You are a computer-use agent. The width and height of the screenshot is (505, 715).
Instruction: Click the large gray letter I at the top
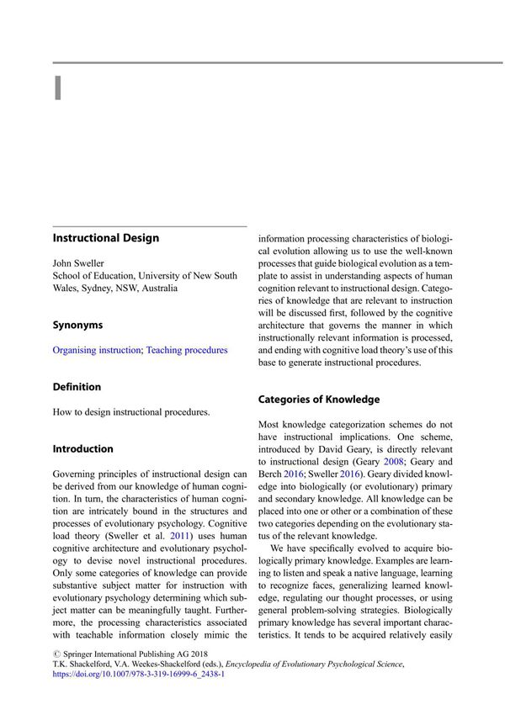(x=57, y=87)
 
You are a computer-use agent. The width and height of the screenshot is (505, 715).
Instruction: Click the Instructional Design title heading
(x=105, y=238)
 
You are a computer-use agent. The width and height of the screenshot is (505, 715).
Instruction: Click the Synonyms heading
(x=77, y=325)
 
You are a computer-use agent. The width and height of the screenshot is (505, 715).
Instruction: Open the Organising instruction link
(x=97, y=350)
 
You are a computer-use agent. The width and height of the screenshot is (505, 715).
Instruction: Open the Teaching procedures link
(x=187, y=350)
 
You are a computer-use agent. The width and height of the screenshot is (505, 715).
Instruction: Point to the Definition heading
(x=77, y=387)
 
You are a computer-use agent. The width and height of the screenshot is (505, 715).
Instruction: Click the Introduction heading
(x=82, y=448)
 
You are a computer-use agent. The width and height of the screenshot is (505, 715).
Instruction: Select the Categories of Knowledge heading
(x=318, y=400)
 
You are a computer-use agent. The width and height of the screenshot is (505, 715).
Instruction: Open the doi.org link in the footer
(x=138, y=675)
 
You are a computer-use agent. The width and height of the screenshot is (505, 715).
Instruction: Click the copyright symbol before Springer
(x=56, y=651)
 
